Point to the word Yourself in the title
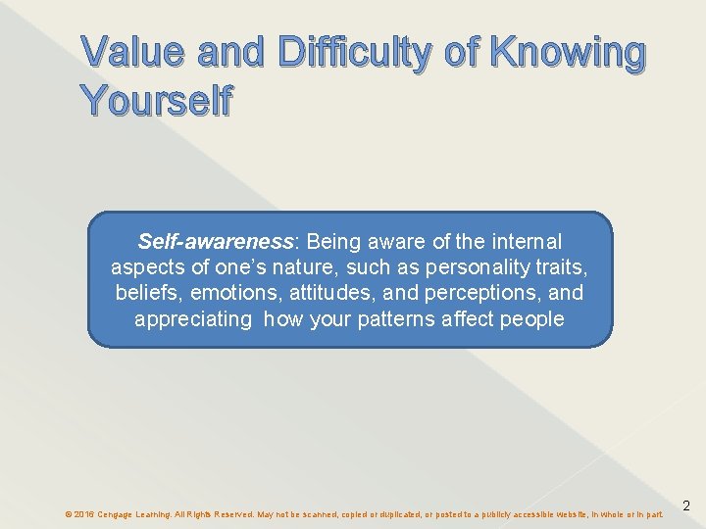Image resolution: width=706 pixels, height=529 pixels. point(156,100)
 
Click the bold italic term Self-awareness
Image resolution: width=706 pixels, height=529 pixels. point(215,242)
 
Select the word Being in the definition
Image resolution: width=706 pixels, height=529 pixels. point(334,242)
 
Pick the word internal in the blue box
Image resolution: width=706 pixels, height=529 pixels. point(525,242)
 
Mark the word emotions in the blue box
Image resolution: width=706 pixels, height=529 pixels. point(227,293)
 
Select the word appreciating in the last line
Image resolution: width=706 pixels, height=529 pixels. point(192,318)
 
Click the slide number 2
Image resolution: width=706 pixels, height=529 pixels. point(686,506)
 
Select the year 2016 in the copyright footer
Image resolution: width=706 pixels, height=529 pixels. point(83,514)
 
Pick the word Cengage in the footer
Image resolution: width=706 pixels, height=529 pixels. point(119,514)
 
